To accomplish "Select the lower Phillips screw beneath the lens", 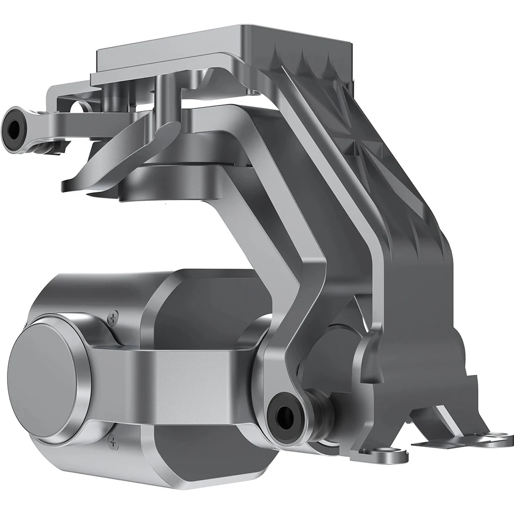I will point(113,442).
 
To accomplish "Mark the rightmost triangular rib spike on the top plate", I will point(329,62).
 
